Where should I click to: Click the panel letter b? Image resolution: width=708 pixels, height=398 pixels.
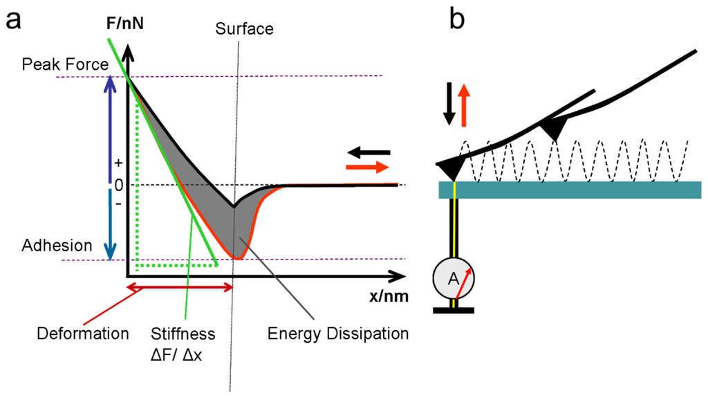(x=457, y=21)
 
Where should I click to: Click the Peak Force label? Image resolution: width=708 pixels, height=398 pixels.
(x=65, y=64)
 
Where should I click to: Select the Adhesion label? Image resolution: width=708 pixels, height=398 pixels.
(x=57, y=245)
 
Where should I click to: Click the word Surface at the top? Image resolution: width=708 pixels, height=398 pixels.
(x=244, y=29)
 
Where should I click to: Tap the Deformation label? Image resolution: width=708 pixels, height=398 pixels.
(x=84, y=334)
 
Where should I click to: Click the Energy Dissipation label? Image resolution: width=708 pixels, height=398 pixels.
(x=337, y=334)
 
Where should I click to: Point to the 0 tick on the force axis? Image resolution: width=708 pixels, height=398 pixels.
(x=118, y=186)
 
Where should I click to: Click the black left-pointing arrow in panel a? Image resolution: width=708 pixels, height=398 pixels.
(x=369, y=152)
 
